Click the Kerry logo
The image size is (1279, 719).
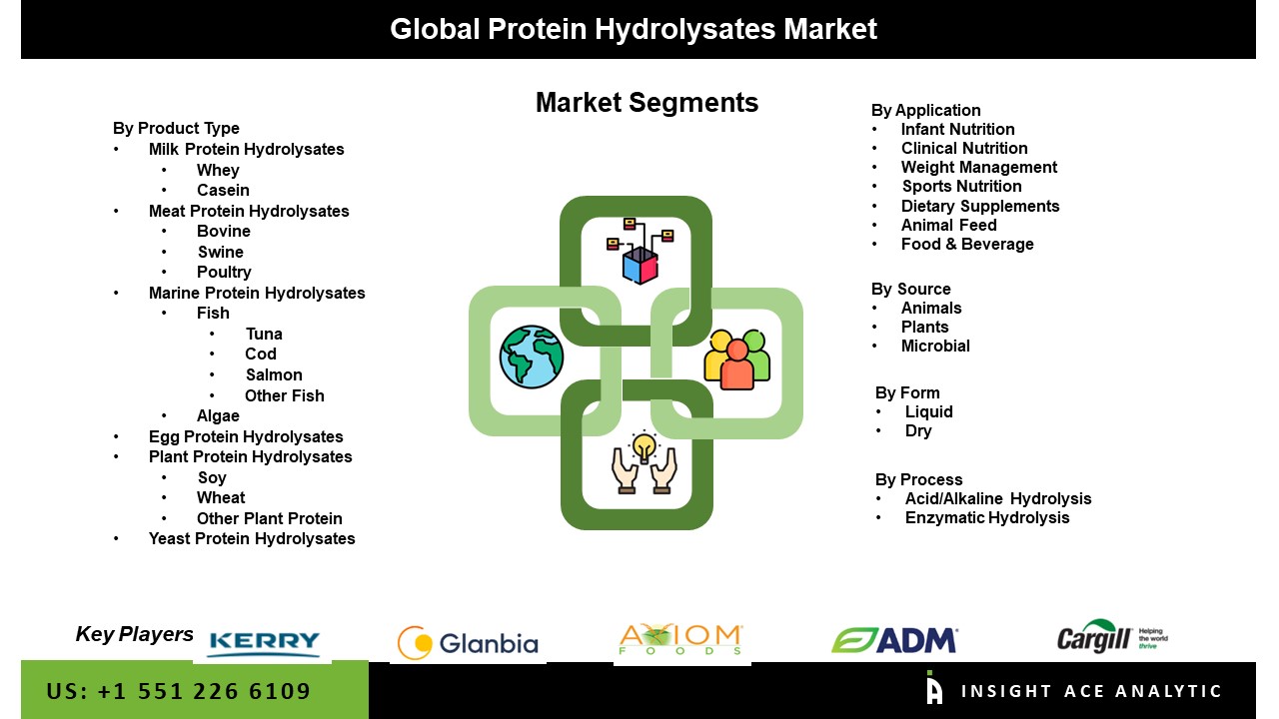tap(265, 644)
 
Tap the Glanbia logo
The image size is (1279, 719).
tap(468, 643)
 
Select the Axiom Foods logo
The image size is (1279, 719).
tap(680, 639)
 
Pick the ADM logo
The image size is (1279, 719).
tap(894, 640)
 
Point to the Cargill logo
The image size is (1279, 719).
tap(1112, 637)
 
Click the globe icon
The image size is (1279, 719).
tap(532, 357)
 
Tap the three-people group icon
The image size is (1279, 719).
tap(737, 359)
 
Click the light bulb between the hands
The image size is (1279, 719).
tap(644, 446)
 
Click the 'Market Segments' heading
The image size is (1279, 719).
tap(646, 103)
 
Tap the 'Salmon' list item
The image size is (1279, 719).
tap(274, 374)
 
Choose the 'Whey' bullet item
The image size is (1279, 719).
tap(218, 170)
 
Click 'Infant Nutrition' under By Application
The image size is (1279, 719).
tap(957, 129)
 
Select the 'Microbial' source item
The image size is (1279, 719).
tap(935, 346)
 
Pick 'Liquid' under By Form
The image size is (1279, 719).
tap(929, 411)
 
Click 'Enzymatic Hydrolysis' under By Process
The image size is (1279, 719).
tap(987, 517)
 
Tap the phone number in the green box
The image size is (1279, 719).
tap(179, 691)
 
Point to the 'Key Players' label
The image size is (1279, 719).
tap(135, 634)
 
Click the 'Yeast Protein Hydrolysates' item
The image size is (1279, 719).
tap(252, 538)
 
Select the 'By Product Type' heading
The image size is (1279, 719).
tap(176, 129)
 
